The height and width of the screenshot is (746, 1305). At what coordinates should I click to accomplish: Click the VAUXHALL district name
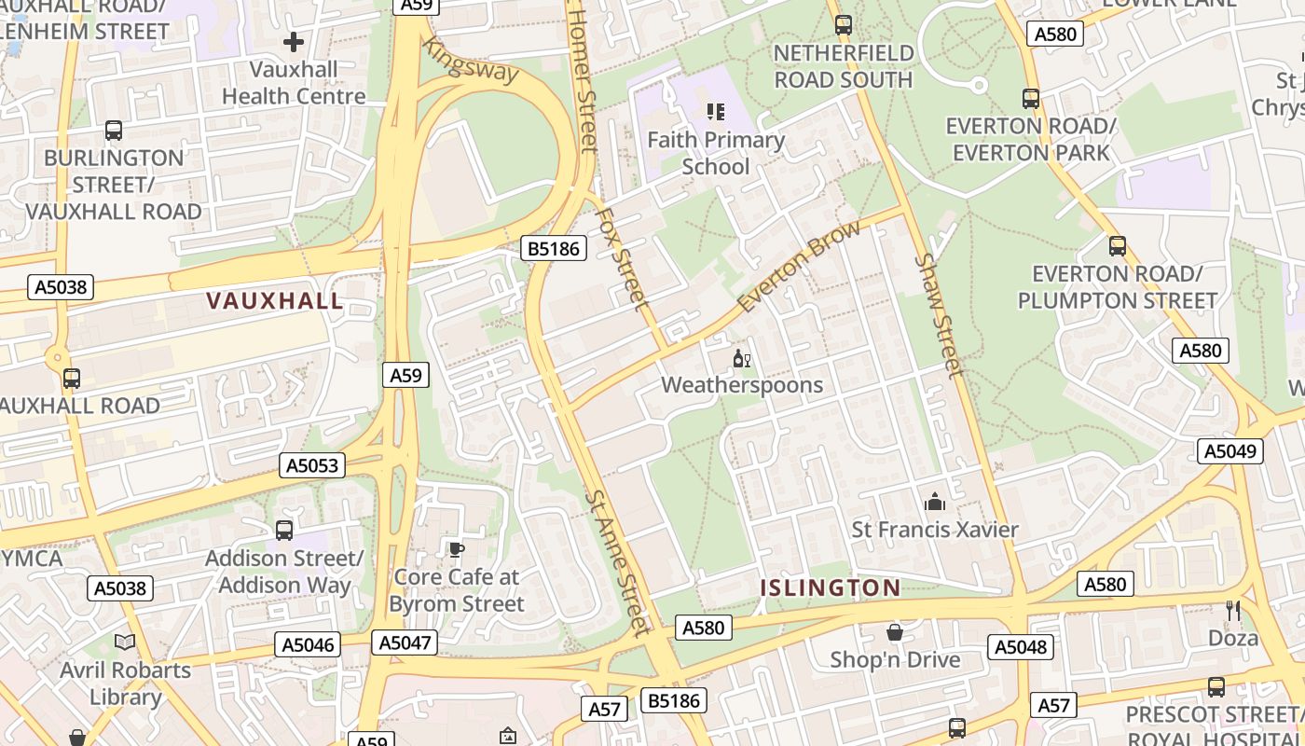pos(275,300)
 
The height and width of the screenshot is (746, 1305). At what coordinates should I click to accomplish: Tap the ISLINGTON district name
pos(830,587)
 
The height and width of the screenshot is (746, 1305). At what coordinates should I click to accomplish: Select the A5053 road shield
pos(312,465)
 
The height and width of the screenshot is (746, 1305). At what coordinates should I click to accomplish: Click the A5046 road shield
pos(309,644)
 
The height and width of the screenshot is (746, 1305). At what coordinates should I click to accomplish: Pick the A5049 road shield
pos(1229,450)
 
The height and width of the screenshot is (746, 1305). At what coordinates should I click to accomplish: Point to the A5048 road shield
pos(1021,646)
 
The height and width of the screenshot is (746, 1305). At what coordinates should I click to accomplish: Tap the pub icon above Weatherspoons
pos(742,359)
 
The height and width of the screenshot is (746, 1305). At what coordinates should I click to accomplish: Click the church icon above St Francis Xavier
pos(935,503)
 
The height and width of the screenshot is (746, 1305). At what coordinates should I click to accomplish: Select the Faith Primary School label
pos(716,153)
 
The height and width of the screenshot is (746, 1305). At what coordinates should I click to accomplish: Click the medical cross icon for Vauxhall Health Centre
pos(294,42)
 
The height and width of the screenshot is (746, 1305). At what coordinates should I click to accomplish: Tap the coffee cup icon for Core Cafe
pos(456,550)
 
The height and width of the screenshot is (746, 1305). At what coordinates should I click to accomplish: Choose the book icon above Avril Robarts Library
pos(125,642)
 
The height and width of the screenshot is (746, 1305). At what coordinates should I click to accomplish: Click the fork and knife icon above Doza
pos(1233,611)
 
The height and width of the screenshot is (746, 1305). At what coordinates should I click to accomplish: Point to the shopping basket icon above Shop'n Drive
pos(895,633)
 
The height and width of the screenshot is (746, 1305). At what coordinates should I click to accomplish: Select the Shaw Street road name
pos(938,315)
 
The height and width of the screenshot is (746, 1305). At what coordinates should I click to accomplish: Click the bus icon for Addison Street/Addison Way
pos(284,531)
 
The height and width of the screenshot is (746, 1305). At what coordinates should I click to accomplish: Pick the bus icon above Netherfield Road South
pos(844,25)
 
